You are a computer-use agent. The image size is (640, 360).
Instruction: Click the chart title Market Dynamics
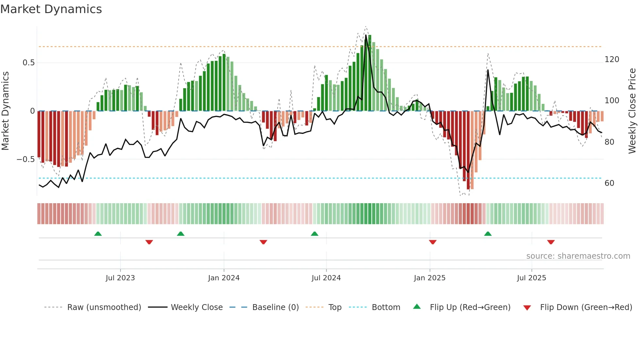[51, 9]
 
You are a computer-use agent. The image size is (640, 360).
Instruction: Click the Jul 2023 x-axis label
[120, 278]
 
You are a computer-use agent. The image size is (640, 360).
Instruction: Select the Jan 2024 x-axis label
[224, 278]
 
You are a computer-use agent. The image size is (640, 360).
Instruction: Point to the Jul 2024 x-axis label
[326, 278]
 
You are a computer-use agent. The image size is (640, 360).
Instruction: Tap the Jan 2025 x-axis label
[429, 278]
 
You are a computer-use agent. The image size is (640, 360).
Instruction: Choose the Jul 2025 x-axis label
[531, 278]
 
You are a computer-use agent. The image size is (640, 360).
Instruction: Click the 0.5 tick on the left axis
[28, 63]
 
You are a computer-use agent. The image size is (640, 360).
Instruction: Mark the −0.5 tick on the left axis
[25, 159]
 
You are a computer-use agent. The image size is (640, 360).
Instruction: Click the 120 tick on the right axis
[612, 59]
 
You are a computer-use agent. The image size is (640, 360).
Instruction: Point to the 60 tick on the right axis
[609, 183]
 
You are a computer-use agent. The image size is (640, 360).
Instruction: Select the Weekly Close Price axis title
[632, 111]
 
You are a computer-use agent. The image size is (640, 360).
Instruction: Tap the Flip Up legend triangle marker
[417, 307]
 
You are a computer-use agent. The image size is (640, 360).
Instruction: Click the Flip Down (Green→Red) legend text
[586, 307]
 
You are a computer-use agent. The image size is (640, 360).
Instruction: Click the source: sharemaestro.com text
[578, 256]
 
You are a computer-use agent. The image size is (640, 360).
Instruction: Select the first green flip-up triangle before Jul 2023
[98, 234]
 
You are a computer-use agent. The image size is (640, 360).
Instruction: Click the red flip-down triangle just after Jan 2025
[433, 242]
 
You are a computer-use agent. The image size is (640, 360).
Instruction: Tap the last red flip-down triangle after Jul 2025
[551, 242]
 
